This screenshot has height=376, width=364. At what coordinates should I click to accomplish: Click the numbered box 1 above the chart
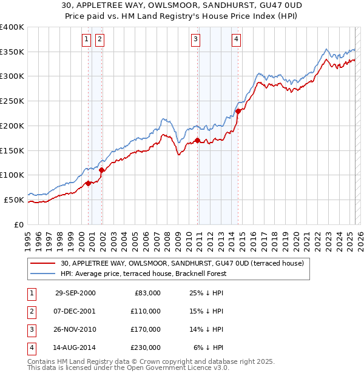(x=86, y=40)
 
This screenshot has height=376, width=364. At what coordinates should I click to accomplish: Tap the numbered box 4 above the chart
(x=236, y=40)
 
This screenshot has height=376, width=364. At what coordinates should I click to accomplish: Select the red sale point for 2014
(x=238, y=111)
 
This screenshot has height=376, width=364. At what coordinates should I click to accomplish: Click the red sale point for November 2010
(x=198, y=141)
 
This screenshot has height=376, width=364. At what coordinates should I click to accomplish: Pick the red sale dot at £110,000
(x=101, y=170)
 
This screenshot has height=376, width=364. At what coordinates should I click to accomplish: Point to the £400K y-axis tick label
(x=12, y=27)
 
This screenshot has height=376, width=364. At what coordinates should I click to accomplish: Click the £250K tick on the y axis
(x=12, y=101)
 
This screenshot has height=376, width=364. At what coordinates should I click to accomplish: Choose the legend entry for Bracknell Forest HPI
(x=143, y=274)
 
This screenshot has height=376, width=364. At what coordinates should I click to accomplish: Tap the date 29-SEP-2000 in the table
(x=75, y=293)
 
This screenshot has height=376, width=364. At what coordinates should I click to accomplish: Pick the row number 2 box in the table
(x=31, y=311)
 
